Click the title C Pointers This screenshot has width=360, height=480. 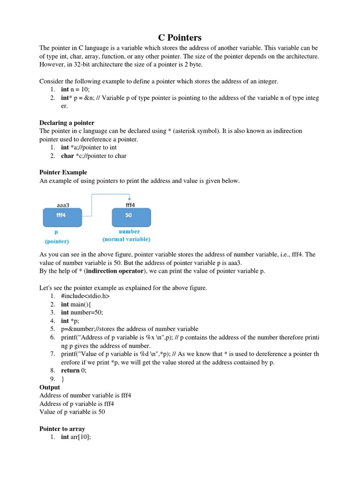pyautogui.click(x=180, y=37)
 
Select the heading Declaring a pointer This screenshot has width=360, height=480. pyautogui.click(x=67, y=123)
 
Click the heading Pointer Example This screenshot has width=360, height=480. pyautogui.click(x=63, y=172)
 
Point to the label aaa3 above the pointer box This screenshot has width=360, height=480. pyautogui.click(x=63, y=205)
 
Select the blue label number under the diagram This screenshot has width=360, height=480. pyautogui.click(x=129, y=232)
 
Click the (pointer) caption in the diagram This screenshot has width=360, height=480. pyautogui.click(x=57, y=241)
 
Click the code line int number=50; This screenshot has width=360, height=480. pyautogui.click(x=82, y=312)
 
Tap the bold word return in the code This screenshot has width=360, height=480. pyautogui.click(x=70, y=370)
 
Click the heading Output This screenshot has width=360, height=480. pyautogui.click(x=50, y=387)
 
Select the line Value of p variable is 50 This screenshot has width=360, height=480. pyautogui.click(x=72, y=412)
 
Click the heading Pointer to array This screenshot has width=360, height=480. pyautogui.click(x=62, y=428)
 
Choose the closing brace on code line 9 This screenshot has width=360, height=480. pyautogui.click(x=63, y=379)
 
